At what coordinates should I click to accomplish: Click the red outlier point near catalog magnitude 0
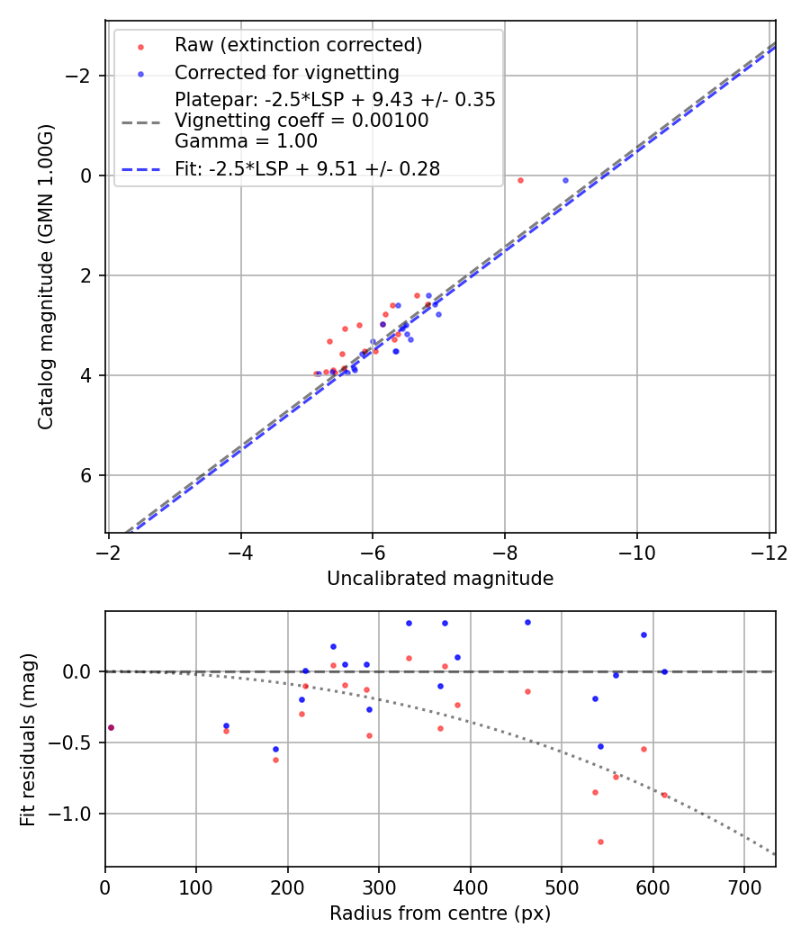pos(520,180)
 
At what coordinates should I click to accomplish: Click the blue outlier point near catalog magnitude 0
pos(565,180)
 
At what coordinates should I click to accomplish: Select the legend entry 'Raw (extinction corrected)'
pos(298,45)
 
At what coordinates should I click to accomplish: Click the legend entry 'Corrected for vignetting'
pos(286,72)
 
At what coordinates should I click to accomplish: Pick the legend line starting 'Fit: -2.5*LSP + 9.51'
pos(307,169)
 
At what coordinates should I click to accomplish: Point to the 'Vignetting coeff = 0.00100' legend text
pos(301,121)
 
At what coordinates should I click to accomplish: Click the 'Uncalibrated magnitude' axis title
pos(440,579)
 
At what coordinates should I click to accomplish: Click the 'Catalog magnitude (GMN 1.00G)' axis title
pos(46,275)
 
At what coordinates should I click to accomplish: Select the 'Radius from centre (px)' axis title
pos(440,913)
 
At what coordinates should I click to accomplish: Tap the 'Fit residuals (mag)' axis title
pos(28,739)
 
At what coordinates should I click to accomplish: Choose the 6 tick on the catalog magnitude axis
pos(87,475)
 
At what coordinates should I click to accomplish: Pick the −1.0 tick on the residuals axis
pos(75,814)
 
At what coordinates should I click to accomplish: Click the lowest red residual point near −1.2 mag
pos(600,841)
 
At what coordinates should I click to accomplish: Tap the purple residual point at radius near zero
pos(111,727)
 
